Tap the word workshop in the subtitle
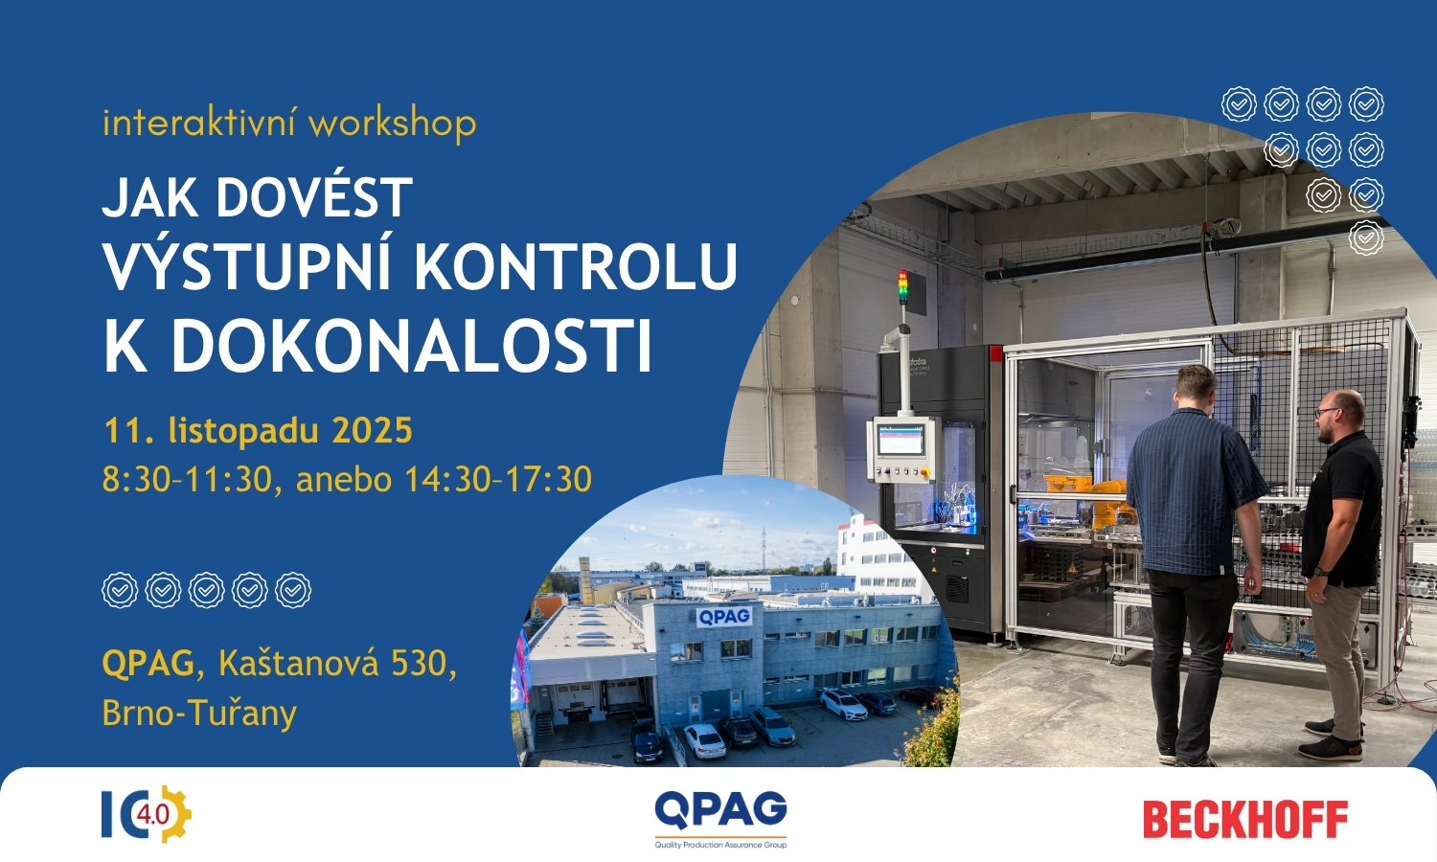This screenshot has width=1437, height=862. point(393,123)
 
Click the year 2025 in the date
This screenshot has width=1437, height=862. point(372,430)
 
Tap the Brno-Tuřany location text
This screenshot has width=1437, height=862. point(199,713)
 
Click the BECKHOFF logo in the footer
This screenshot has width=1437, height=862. point(1245,820)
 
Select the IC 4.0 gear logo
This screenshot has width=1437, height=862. point(147,814)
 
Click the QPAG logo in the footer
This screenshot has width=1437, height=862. point(720,819)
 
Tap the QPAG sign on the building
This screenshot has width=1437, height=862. point(724,617)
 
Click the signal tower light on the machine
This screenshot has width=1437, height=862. point(903,286)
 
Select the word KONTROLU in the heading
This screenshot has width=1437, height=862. point(576,265)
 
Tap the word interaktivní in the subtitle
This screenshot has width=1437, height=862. point(201,124)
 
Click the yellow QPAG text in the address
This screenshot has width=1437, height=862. point(148,663)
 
